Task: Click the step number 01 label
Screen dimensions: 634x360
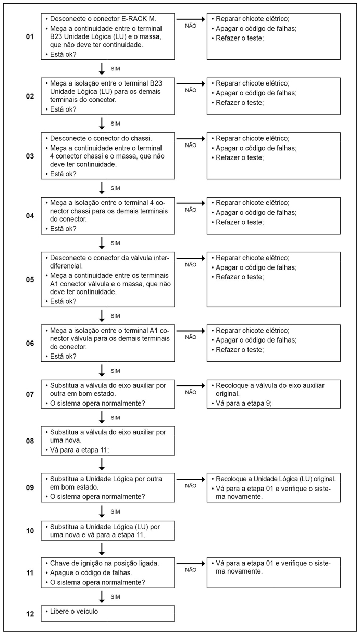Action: point(29,37)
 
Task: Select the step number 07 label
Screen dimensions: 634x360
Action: point(29,394)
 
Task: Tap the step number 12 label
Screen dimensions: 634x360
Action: point(29,614)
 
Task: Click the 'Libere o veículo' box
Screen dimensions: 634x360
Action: point(107,614)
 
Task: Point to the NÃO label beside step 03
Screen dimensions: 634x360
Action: point(191,145)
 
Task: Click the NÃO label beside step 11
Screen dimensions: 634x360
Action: point(191,570)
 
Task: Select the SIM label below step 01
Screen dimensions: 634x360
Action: point(115,68)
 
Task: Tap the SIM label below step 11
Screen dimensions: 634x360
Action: point(115,596)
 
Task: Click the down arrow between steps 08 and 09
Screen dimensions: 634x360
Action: point(102,464)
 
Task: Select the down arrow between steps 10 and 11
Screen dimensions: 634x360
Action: point(102,548)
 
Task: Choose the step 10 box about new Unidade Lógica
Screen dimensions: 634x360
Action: point(107,530)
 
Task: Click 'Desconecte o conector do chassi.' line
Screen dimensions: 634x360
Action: point(101,138)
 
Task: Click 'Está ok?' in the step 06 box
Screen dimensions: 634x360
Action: point(63,356)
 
